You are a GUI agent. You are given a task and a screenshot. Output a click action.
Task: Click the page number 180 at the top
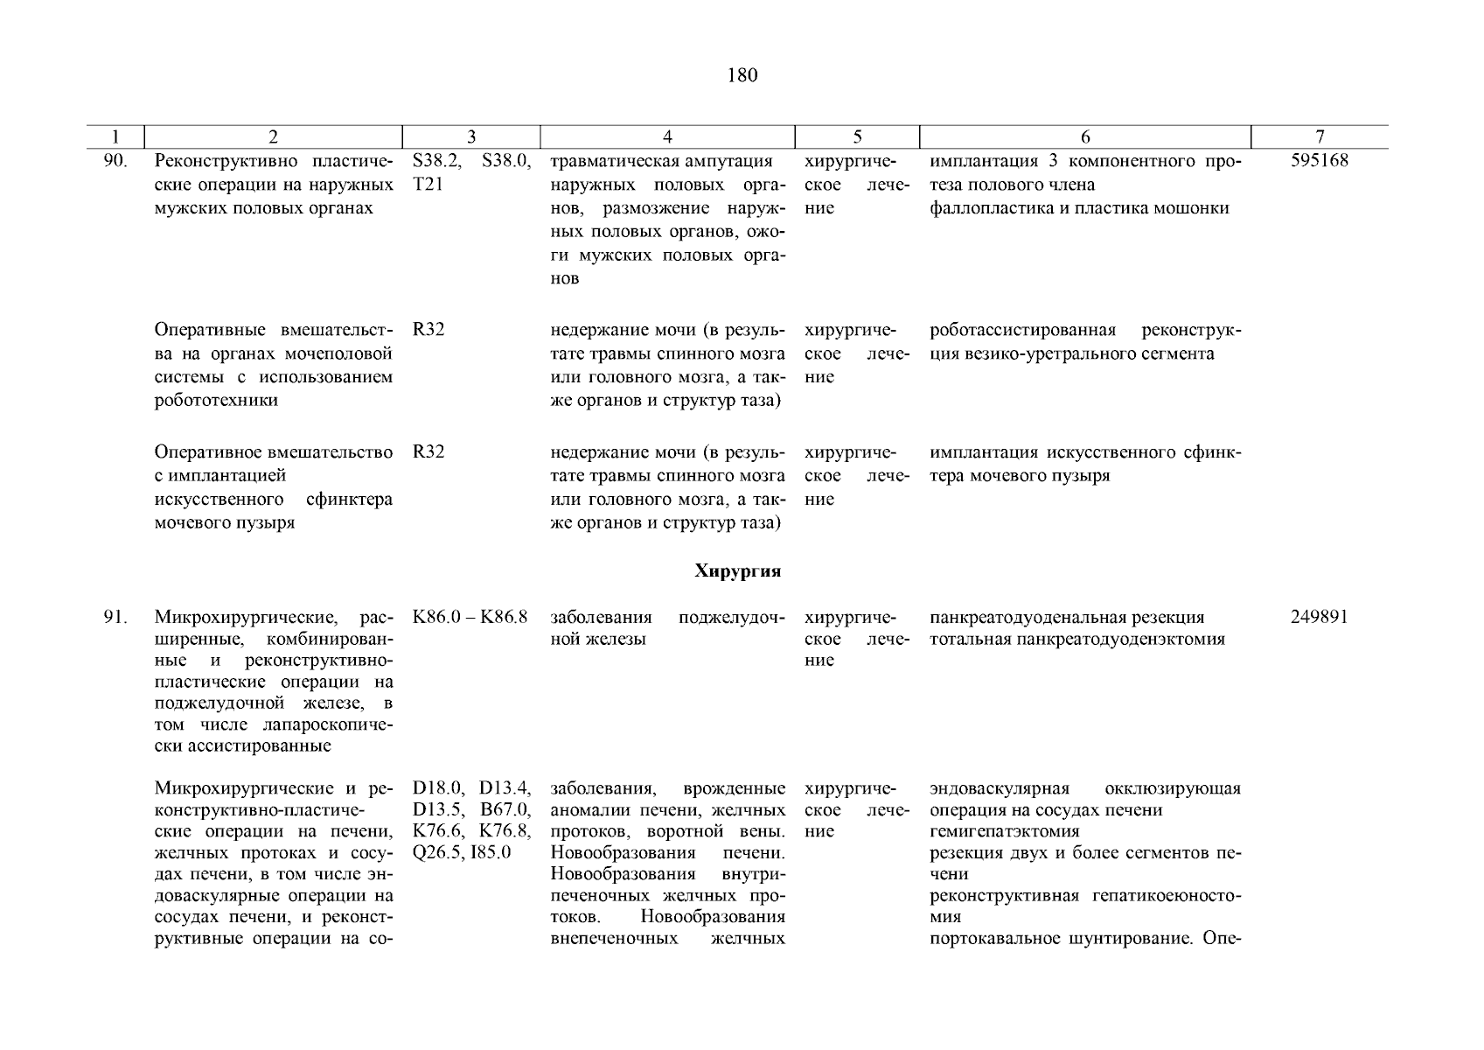pyautogui.click(x=742, y=75)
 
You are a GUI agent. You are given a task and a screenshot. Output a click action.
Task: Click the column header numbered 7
pyautogui.click(x=1320, y=136)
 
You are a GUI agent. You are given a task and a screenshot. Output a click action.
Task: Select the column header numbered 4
pyautogui.click(x=667, y=136)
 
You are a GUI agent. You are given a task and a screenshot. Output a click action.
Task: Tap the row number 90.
pyautogui.click(x=116, y=161)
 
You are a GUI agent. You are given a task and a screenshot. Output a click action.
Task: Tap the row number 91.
pyautogui.click(x=116, y=617)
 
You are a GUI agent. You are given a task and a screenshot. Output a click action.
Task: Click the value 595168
pyautogui.click(x=1320, y=161)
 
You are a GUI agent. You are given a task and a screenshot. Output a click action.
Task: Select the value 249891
pyautogui.click(x=1320, y=617)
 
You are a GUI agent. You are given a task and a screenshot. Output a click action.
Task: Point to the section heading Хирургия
pyautogui.click(x=737, y=571)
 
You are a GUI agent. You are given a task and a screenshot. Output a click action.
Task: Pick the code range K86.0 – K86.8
pyautogui.click(x=470, y=617)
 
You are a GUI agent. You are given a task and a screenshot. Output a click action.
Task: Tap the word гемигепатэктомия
pyautogui.click(x=1005, y=831)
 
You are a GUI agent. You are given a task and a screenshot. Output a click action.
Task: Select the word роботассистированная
pyautogui.click(x=1023, y=331)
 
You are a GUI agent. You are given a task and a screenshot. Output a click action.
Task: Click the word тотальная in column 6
pyautogui.click(x=969, y=640)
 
